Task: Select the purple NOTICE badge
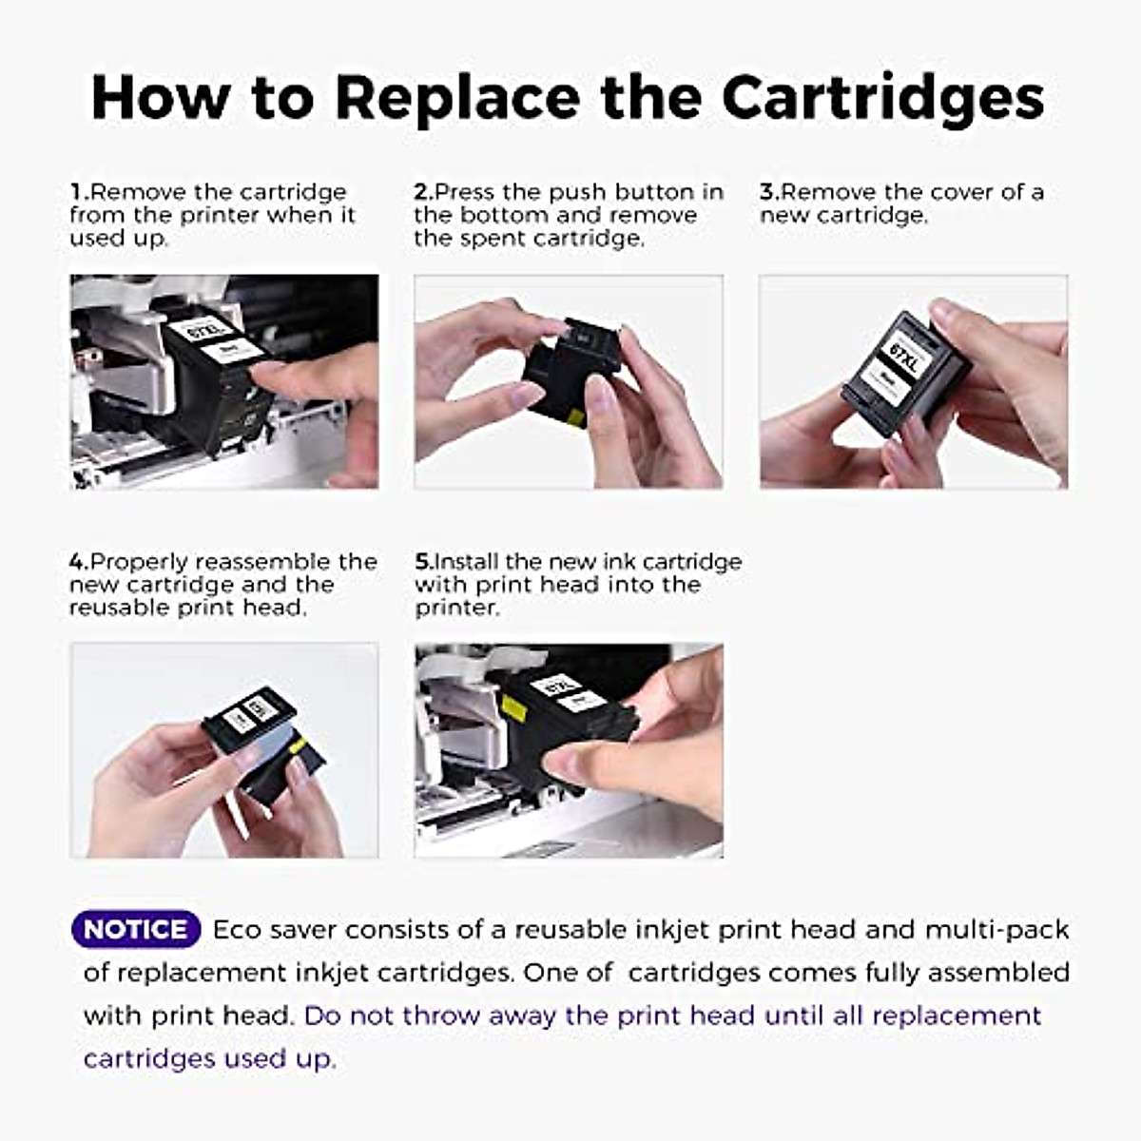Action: (x=135, y=929)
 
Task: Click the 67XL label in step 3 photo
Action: (x=901, y=354)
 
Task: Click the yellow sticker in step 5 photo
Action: (x=514, y=707)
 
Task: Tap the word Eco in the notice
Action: (x=237, y=930)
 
